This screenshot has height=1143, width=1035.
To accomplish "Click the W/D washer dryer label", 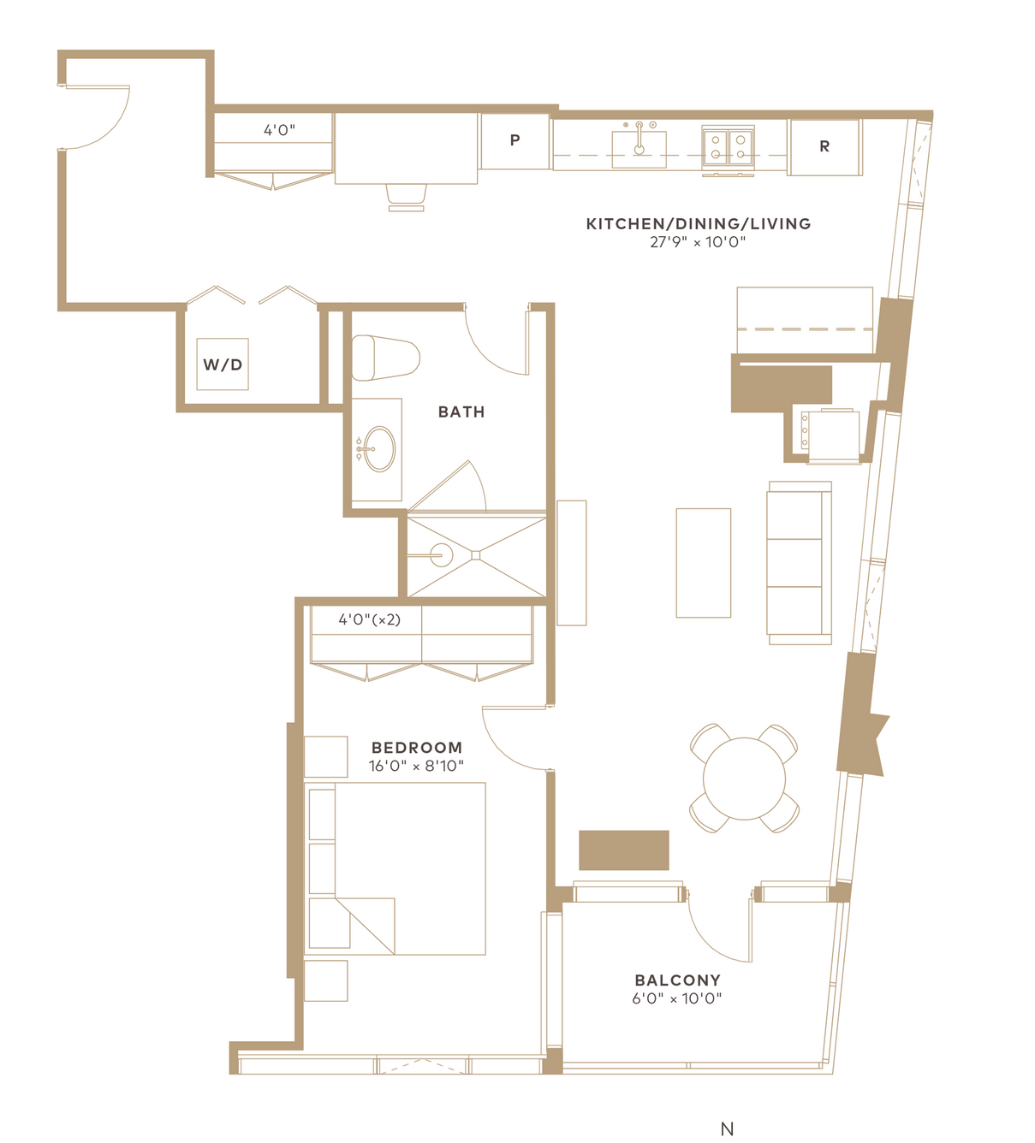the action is pos(223,364).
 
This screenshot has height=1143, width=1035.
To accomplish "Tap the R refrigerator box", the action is pos(824,147).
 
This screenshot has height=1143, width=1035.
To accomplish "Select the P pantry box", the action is pos(515,141).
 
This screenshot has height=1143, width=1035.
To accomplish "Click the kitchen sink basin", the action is pos(639,149).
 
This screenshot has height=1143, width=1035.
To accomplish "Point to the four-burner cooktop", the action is pos(728,147).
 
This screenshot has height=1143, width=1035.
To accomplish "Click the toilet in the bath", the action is pos(385,358).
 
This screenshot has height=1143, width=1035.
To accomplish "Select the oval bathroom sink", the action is pos(380,449).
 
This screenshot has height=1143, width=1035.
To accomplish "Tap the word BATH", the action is pos(461,412).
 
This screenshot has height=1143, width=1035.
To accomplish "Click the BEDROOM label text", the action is pos(417,748).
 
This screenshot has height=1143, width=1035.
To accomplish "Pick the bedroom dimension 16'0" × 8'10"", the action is pos(416,766).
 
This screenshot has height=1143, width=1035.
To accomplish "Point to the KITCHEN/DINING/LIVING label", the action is pos(699,224).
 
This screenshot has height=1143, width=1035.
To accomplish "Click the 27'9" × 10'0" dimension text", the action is pos(698,242).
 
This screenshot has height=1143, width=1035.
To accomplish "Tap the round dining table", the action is pos(744,779).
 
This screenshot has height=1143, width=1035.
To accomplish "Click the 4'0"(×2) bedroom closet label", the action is pos(370,619).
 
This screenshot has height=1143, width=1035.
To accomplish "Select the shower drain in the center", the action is pos(476,555).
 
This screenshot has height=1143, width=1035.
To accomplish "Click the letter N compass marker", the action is pos(727,1128).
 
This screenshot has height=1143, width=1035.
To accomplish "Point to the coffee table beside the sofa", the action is pos(703,563).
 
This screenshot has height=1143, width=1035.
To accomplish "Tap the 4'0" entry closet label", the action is pos(279,130).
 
